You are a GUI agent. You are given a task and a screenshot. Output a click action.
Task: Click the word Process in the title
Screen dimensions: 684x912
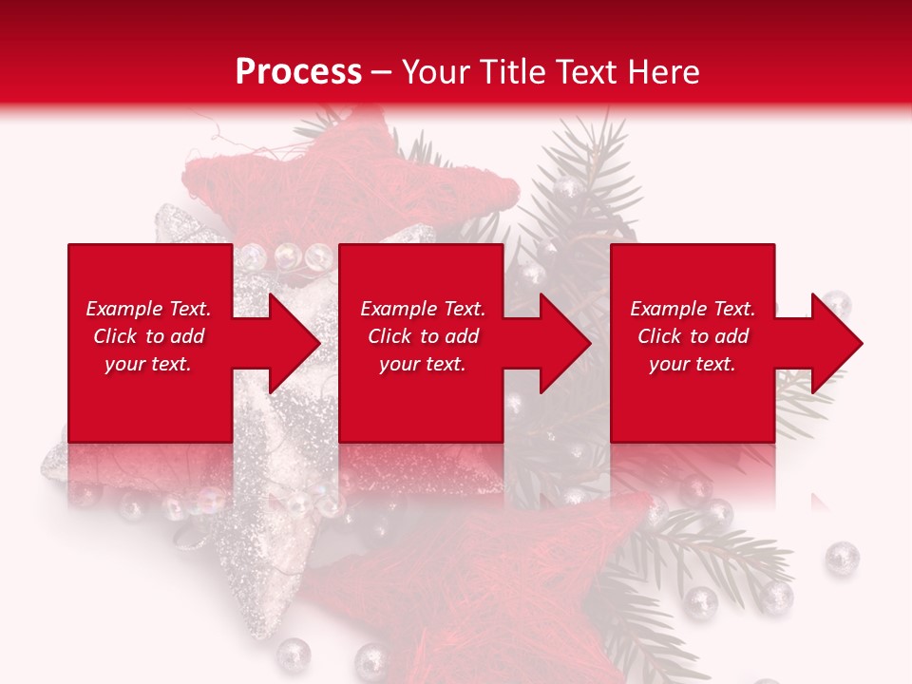click(298, 71)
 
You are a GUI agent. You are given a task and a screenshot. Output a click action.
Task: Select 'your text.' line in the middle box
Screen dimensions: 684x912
click(422, 364)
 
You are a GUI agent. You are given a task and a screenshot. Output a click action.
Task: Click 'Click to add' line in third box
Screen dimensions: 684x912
click(693, 336)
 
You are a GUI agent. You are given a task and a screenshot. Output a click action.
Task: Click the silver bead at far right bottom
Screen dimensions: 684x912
click(842, 557)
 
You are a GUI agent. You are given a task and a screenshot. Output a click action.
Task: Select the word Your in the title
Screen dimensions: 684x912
click(433, 71)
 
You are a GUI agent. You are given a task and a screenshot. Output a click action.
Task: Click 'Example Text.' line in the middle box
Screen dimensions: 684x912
click(423, 309)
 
